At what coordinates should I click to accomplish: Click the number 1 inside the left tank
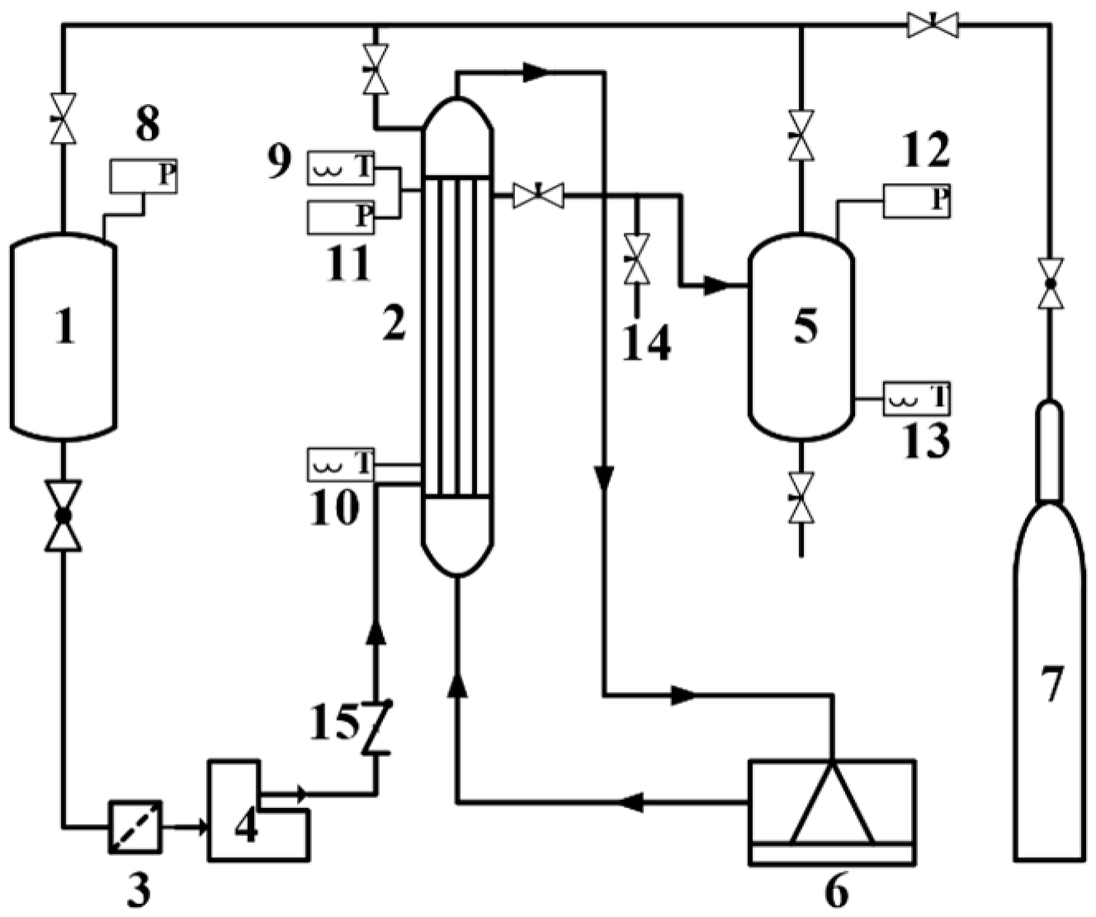coord(64,324)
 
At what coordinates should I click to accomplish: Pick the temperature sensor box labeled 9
coord(340,168)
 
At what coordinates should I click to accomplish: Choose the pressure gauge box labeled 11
coord(340,216)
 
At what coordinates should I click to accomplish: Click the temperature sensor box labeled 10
coord(340,464)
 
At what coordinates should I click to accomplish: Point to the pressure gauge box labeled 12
coord(916,200)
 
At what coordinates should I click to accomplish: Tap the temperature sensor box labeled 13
coord(916,399)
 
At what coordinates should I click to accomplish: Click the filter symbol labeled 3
coord(135,826)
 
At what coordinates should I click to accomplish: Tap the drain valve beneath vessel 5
coord(801,497)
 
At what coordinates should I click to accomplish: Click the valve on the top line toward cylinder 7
coord(933,25)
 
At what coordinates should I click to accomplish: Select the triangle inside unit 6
coord(832,805)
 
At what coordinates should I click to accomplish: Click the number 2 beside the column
coord(394,324)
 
